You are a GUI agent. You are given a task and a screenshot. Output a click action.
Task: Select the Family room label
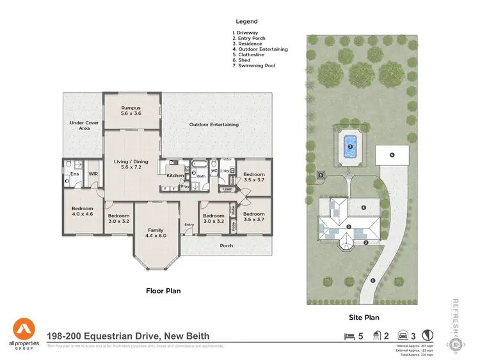pos(156,233)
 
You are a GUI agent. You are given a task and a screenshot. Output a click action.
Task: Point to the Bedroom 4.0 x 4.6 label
pos(82,211)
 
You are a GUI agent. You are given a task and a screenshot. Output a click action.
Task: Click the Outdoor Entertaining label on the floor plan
pos(214,124)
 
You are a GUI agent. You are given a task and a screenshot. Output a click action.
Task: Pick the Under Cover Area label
pos(80,126)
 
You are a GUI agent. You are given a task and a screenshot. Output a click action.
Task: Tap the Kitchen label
pos(175,175)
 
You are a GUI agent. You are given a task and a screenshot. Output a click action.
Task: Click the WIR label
pos(93,174)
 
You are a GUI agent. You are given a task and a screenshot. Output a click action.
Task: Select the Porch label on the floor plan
pos(227,245)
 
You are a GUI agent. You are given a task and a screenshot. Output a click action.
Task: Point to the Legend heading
pos(246,21)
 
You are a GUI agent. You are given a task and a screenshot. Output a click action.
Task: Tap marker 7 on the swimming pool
pos(350,147)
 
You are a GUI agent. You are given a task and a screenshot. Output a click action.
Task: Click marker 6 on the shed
pos(392,155)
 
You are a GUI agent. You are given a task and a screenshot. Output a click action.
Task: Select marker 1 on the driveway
pos(372,281)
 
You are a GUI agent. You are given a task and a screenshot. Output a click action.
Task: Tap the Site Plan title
pos(364,317)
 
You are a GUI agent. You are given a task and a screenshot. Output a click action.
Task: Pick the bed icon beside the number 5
pos(349,336)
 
